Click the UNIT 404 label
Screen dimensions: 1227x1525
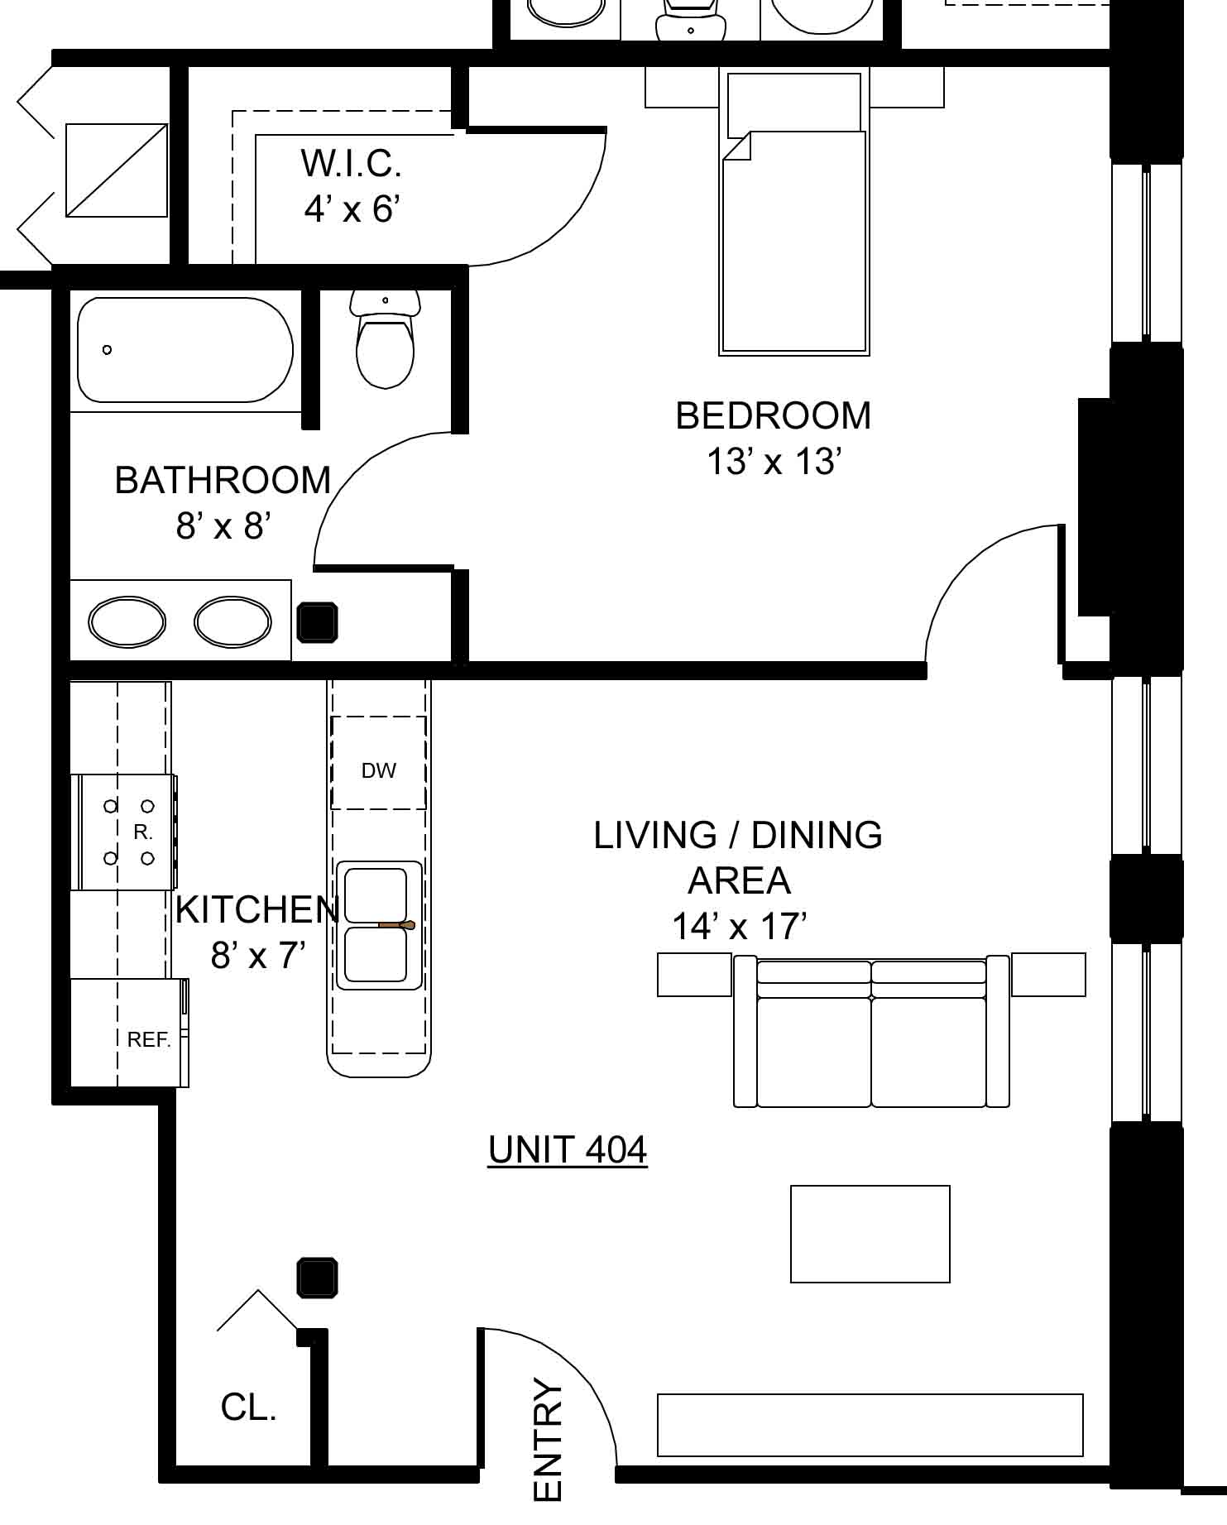[568, 1149]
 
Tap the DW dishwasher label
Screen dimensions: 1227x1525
[379, 770]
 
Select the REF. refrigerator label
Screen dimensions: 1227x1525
[149, 1039]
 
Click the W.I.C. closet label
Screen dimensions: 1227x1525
[352, 163]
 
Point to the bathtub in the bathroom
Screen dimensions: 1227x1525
[185, 350]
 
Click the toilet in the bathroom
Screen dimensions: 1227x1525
[385, 339]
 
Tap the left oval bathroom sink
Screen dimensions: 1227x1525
[127, 622]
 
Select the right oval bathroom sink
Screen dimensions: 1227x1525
[232, 622]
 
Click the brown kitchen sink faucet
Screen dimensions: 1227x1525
[396, 924]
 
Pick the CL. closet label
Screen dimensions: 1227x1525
[248, 1407]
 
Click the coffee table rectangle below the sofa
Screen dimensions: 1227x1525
[870, 1234]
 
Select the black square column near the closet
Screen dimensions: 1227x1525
[318, 1278]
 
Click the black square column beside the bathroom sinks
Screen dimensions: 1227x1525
[318, 623]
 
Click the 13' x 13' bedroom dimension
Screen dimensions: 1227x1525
[774, 462]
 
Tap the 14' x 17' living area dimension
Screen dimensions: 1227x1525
[739, 926]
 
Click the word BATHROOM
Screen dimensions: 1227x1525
[223, 480]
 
